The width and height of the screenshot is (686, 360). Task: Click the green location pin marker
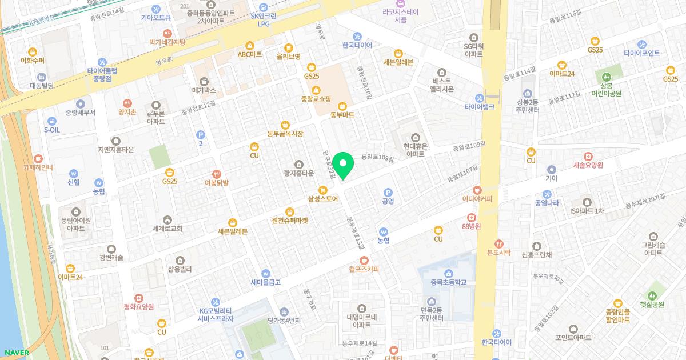[343, 166]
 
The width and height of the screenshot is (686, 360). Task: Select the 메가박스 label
[204, 90]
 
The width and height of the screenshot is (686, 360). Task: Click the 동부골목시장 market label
[285, 134]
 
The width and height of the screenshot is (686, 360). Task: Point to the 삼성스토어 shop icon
[323, 190]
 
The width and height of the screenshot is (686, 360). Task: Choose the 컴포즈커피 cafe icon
[364, 260]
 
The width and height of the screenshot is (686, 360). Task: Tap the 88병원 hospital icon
[471, 217]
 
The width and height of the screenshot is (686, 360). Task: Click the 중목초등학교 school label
[449, 282]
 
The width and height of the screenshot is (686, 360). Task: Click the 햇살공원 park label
[652, 305]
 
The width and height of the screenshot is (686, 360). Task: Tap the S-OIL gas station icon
[52, 121]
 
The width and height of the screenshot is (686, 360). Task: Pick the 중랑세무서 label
[80, 113]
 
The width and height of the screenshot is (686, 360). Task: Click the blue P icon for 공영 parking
[388, 193]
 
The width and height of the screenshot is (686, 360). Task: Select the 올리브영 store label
[288, 56]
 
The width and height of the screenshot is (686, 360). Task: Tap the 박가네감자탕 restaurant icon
[167, 33]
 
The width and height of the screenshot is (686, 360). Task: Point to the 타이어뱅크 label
[479, 107]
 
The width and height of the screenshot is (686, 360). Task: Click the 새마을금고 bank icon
[265, 273]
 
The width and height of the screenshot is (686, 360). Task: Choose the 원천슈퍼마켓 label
[289, 220]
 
